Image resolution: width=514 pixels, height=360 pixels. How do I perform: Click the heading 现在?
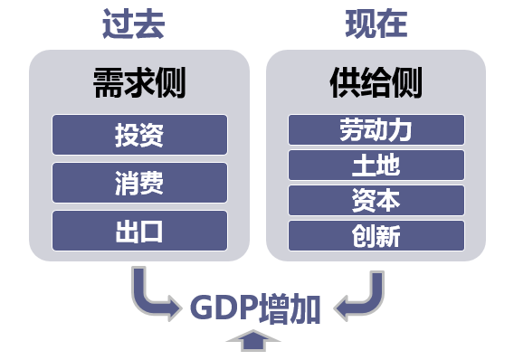376,24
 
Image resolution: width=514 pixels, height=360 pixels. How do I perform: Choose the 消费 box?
139,183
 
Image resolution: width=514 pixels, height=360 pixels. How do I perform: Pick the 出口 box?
139,231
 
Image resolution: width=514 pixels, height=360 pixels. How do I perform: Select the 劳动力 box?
376,129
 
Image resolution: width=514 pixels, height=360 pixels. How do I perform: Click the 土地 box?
376,165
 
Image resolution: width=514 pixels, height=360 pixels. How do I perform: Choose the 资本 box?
376,200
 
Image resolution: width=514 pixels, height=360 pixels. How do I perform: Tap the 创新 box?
376,235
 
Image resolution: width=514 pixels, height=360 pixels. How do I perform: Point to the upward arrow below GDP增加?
256,341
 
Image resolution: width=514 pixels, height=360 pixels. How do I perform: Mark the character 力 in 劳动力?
402,129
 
